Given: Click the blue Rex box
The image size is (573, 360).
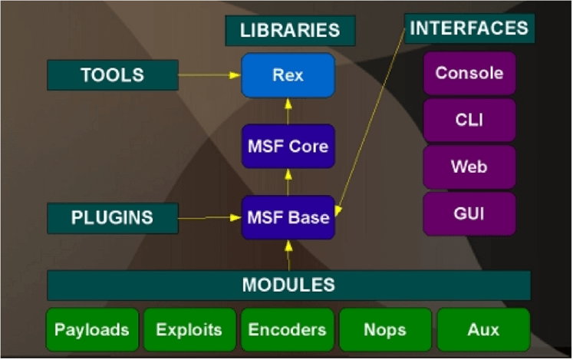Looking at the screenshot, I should coord(288,75).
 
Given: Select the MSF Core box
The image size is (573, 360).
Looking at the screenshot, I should coord(288,146).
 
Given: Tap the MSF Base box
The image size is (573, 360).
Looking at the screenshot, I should coord(288,217).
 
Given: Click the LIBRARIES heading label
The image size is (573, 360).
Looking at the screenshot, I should coord(290,31).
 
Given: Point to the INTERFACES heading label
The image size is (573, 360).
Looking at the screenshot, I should coord(469,28).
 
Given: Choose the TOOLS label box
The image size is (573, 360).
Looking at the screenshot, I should coord(112,75).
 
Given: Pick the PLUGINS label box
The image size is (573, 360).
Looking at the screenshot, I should coord(112,218).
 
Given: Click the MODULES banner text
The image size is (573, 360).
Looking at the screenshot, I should coord(288,285).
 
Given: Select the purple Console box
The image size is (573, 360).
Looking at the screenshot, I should coord(469,74).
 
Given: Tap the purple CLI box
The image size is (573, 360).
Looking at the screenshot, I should coord(469,121).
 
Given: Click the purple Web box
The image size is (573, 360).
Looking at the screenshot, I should coord(469,167).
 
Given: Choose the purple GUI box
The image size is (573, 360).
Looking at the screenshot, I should coord(469,213).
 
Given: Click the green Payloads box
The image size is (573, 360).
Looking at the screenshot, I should coord(92,330).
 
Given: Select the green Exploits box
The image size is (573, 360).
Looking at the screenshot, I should coord(189,330).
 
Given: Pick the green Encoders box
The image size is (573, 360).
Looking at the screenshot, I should coord(288,330).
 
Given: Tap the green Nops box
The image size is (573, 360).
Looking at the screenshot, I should coord(385,330).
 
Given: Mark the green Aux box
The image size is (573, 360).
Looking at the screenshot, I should coord(483,330).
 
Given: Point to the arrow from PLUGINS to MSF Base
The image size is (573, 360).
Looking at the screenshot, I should coord(209,218).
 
